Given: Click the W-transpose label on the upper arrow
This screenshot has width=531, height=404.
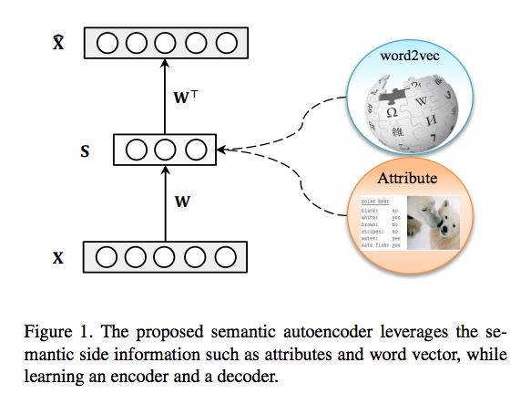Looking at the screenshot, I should point(186,94).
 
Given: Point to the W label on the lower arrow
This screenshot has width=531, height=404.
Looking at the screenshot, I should point(181,202).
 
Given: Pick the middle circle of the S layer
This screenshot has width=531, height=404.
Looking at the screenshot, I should point(164,150).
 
